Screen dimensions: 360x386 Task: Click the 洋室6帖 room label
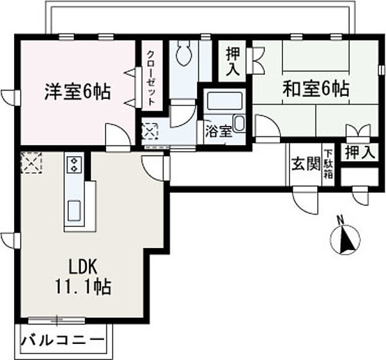pos(77,91)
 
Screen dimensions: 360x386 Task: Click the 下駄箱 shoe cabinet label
pos(328,163)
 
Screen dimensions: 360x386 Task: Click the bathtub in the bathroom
pos(223,101)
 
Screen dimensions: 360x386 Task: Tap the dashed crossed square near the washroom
pos(150,132)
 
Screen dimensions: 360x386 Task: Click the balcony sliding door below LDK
pos(58,319)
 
